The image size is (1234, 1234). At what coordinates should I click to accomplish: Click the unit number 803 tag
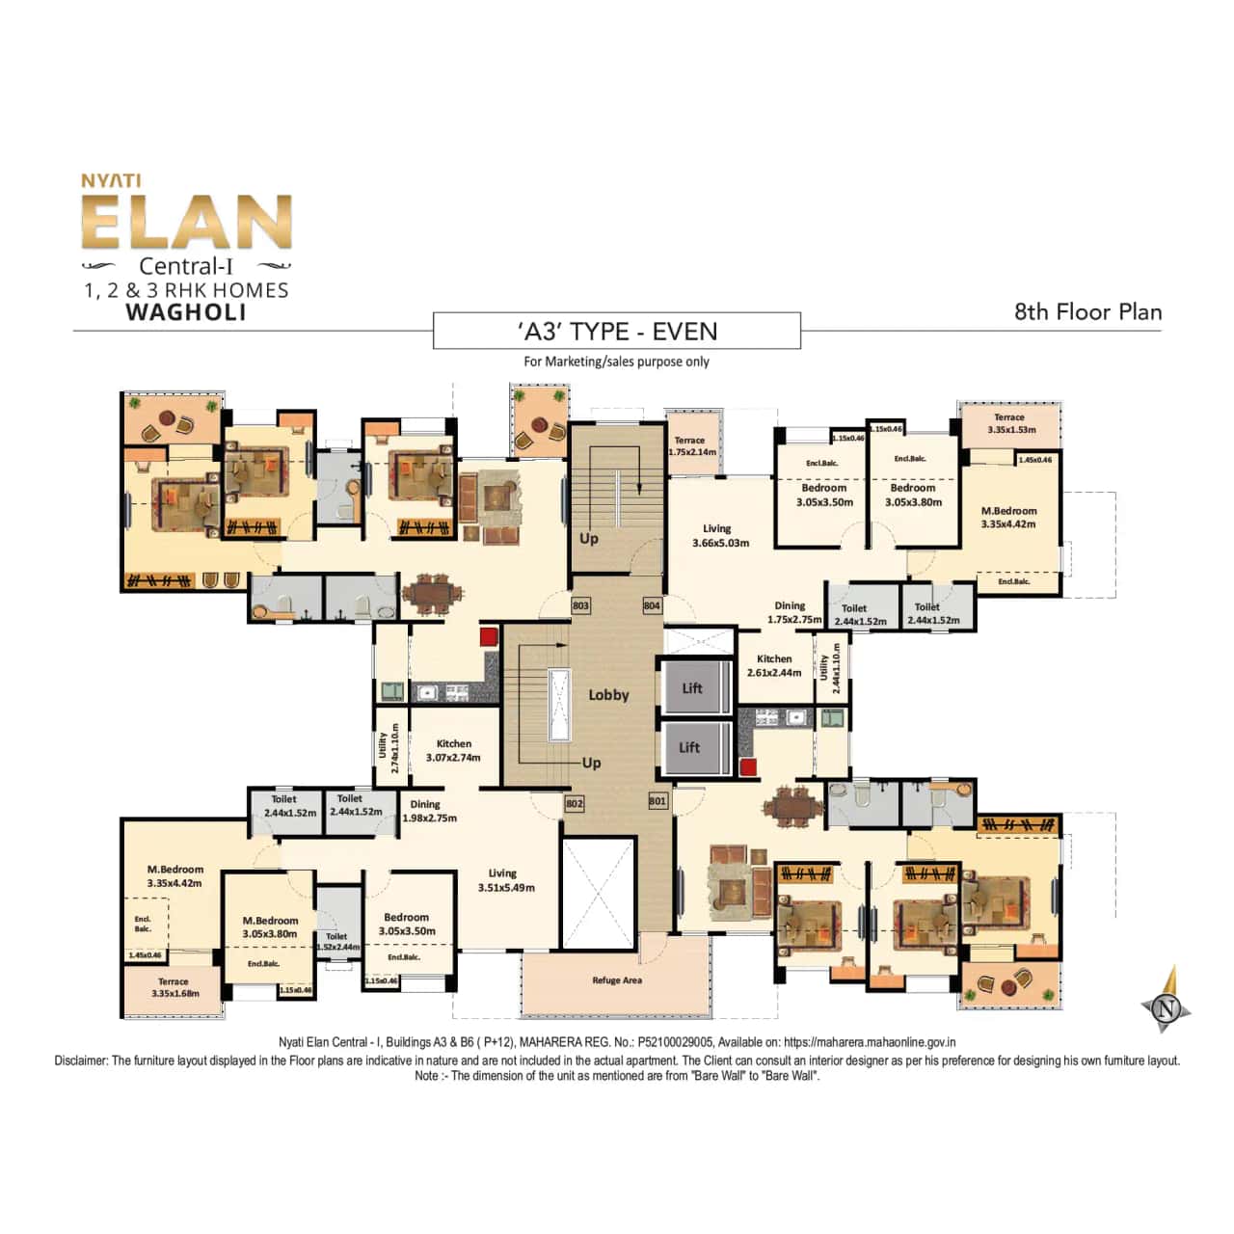point(580,606)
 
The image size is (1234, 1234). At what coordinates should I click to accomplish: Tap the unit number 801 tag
point(657,801)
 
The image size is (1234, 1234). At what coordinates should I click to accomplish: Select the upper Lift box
point(692,688)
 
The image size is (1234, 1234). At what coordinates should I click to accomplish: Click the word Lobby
point(608,695)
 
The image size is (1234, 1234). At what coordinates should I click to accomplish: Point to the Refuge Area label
point(617,980)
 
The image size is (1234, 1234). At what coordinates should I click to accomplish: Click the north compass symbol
point(1167,1007)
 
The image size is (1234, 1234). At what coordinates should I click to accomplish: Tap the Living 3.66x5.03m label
point(720,536)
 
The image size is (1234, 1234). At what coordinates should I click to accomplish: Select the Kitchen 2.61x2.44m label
point(774,665)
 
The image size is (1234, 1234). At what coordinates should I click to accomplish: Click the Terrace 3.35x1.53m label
point(1010,423)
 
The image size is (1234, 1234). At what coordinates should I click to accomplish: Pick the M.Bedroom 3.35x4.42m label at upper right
point(1008,518)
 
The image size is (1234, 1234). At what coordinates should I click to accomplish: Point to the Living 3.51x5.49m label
point(505,880)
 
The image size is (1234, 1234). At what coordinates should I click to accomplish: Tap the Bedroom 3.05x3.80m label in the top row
point(913,495)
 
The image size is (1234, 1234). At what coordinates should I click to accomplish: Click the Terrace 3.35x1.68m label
point(174,987)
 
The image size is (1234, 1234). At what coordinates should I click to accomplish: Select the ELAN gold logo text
point(186,223)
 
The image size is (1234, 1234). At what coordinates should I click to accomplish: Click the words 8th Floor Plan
point(1087,312)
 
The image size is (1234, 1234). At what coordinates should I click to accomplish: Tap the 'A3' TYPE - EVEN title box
point(617,331)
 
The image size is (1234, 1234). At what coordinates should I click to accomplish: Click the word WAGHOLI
point(186,312)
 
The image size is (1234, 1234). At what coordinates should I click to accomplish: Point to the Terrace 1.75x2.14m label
point(691,445)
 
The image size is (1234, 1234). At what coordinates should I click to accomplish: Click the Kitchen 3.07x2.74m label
point(453,750)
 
